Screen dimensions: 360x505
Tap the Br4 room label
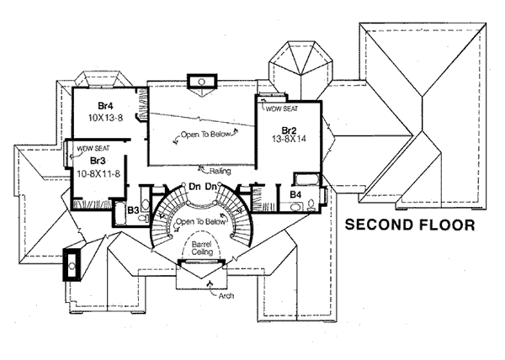coord(106,106)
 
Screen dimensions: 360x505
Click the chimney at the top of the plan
coord(203,82)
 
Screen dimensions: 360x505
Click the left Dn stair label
coord(194,185)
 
